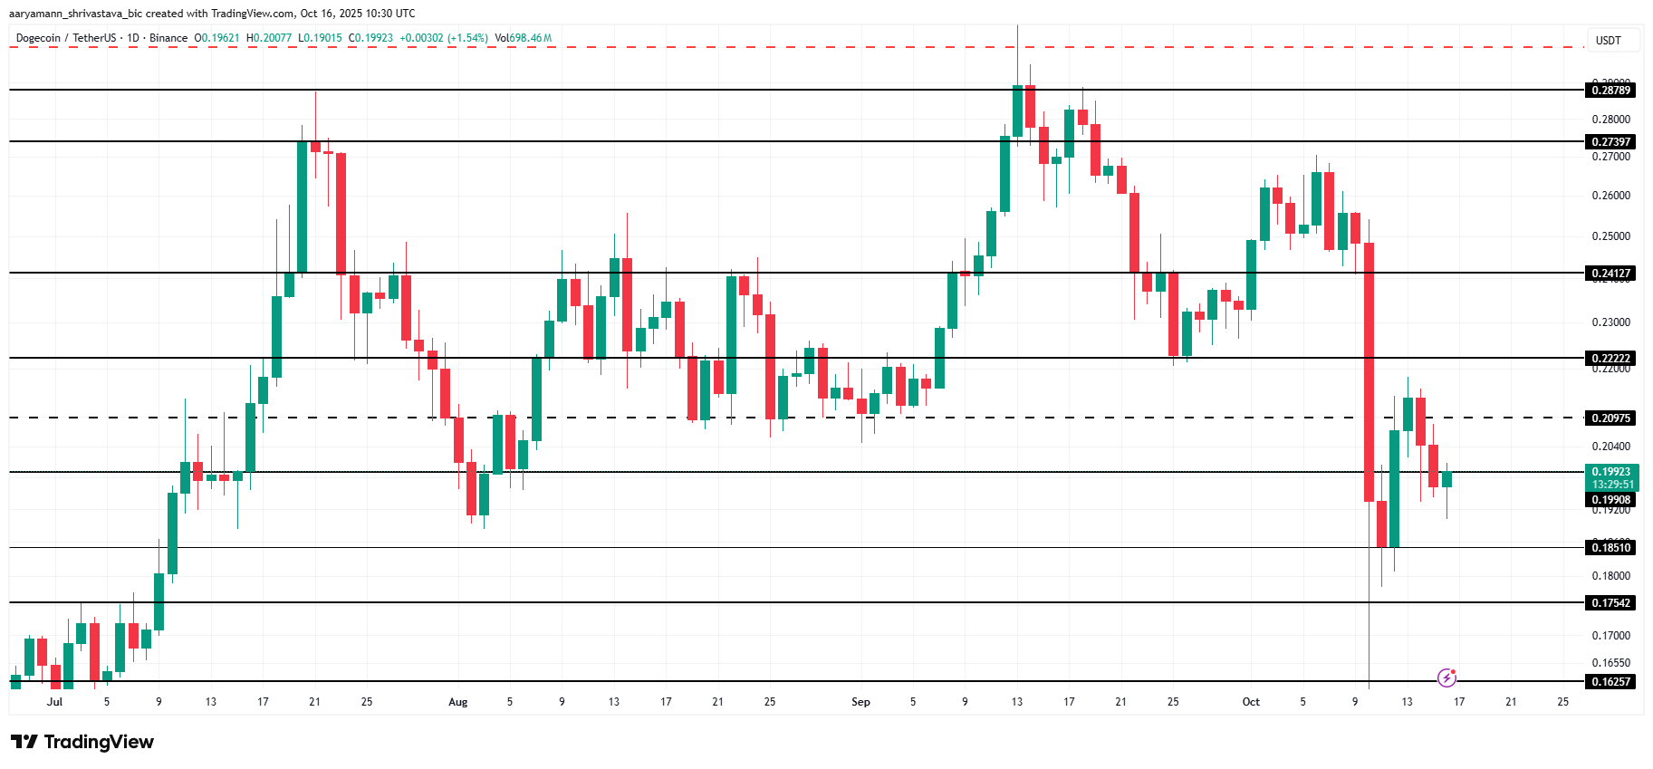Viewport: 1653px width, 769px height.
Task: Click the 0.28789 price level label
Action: (1611, 90)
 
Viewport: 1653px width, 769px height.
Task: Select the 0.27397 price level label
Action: (1611, 141)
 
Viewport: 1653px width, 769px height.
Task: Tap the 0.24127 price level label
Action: (1611, 273)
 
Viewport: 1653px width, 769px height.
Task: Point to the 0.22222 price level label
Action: (1611, 358)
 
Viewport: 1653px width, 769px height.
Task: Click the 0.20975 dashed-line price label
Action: (1611, 418)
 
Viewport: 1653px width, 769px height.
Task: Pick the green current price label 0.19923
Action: (1611, 472)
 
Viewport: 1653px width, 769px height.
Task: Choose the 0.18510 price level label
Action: (1611, 547)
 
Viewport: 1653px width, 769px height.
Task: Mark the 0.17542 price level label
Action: (1611, 602)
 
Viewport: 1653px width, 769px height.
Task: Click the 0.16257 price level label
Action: (1611, 681)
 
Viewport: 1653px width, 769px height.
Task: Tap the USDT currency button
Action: (1608, 40)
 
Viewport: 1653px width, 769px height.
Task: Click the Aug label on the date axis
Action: (458, 702)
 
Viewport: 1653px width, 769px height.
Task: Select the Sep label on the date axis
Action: (860, 702)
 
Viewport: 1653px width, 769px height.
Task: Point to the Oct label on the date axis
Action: (1251, 702)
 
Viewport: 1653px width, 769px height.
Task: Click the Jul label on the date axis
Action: (55, 702)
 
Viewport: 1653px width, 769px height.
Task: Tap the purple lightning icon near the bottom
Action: (1447, 678)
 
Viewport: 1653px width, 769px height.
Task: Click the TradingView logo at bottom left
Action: (82, 742)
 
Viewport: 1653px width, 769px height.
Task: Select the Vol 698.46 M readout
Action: (524, 38)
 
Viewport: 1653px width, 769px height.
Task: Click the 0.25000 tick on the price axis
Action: (1610, 236)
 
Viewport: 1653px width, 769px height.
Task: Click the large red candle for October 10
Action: (1369, 371)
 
